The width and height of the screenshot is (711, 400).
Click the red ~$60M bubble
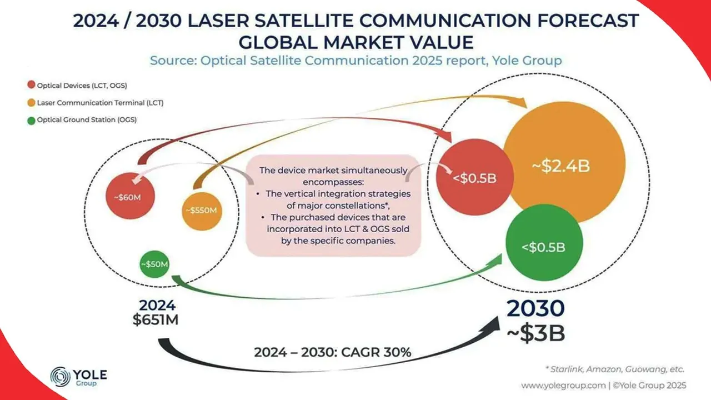pos(131,196)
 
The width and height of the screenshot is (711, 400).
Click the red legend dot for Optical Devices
pos(31,85)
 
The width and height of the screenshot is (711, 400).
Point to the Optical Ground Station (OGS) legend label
pos(87,119)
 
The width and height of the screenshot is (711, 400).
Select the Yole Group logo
pos(78,376)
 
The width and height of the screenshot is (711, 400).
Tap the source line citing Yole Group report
pos(355,61)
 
